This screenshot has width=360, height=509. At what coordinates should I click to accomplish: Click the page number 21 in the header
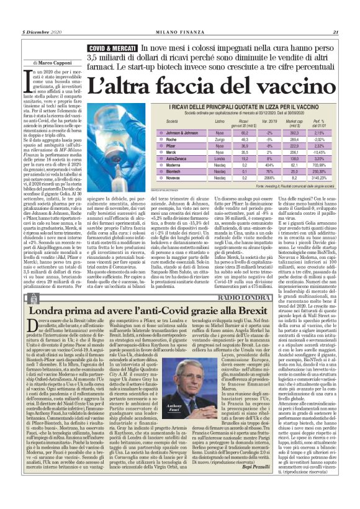(x=335, y=32)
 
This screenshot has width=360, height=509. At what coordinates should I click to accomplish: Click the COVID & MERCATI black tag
(x=112, y=48)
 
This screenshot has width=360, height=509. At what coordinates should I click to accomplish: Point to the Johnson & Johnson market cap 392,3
(x=294, y=133)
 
